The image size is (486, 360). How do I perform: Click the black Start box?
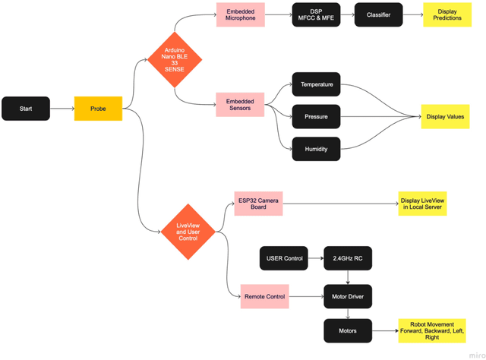[x=27, y=109]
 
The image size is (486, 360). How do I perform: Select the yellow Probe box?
[x=98, y=109]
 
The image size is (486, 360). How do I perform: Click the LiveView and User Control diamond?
[x=187, y=229]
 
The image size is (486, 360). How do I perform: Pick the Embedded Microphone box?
[x=241, y=15]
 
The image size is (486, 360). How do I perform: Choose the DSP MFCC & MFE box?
[x=317, y=15]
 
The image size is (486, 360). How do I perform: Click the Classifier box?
[x=379, y=15]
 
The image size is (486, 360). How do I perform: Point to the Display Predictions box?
[x=447, y=15]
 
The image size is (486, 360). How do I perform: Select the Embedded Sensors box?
[x=240, y=105]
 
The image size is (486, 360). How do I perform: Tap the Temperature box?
[x=316, y=84]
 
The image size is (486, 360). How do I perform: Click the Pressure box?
[x=316, y=117]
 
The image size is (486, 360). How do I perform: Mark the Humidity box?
[x=316, y=150]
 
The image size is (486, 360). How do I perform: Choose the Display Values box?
[x=447, y=117]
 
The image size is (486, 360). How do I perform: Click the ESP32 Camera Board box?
[x=258, y=204]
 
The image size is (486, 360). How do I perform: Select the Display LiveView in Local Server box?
[x=422, y=204]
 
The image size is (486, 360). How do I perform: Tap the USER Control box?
[x=285, y=258]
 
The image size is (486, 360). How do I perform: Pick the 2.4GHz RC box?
[x=348, y=258]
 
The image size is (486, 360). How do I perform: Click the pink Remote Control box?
[x=265, y=297]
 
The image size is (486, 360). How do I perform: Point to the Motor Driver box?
[x=348, y=297]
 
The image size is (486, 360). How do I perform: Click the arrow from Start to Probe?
[x=62, y=109]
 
